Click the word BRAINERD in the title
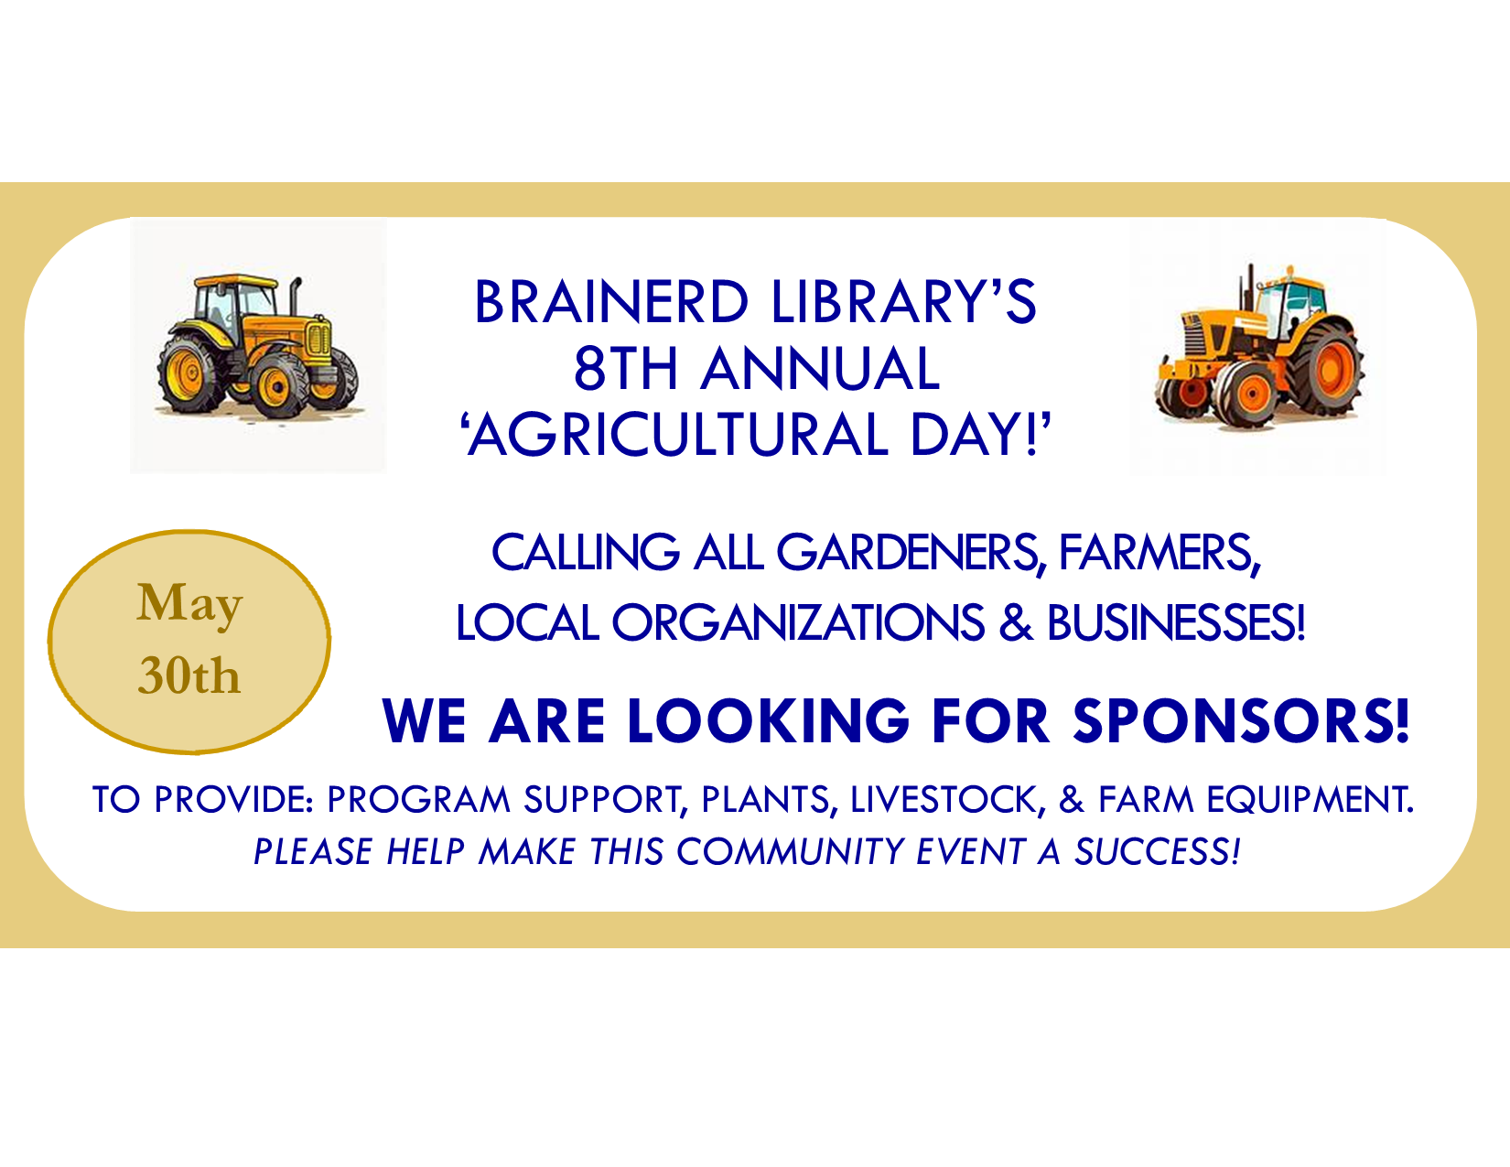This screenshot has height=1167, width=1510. coord(610,302)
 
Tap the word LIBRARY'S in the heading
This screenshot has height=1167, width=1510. coord(904,302)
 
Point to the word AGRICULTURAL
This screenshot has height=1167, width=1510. coord(678,435)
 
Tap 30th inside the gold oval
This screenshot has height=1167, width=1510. coord(189,675)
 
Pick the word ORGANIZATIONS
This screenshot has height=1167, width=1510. coord(798,622)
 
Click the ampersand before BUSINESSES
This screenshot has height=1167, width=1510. coord(1015,622)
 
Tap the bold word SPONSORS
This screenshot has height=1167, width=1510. coord(1241,720)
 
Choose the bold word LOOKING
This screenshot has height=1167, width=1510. coord(769,720)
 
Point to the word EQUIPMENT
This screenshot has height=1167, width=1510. coord(1310,799)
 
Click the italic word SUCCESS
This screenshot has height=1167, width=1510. coord(1157,852)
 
